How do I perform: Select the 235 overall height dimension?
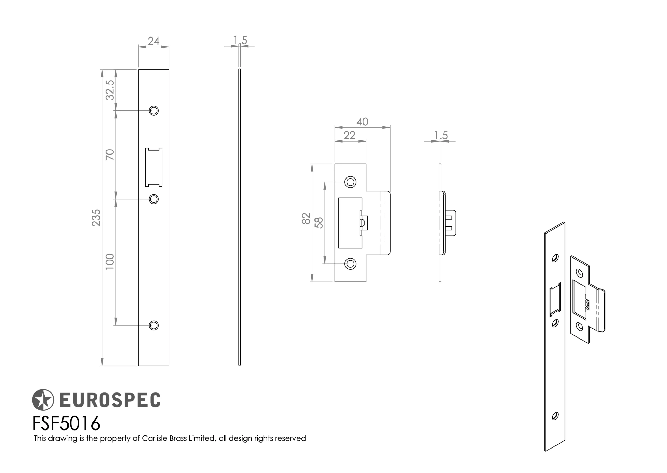point(96,218)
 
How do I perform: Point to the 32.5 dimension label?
point(110,90)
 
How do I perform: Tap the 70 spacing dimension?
point(110,154)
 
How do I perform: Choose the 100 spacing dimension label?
point(110,262)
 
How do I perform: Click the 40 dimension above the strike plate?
point(362,122)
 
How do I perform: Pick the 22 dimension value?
point(349,136)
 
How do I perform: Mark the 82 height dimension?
point(306,218)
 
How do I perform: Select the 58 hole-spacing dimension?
point(319,223)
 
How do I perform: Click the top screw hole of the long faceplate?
point(153,111)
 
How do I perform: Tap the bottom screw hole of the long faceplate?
point(153,325)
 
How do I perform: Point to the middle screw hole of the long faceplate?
point(153,199)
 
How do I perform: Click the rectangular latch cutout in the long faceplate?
point(153,167)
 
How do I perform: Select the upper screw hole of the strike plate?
point(350,182)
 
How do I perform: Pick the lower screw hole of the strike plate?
point(350,264)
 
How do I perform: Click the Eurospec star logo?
point(43,400)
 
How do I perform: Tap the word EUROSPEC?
point(110,400)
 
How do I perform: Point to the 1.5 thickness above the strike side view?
point(441,136)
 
